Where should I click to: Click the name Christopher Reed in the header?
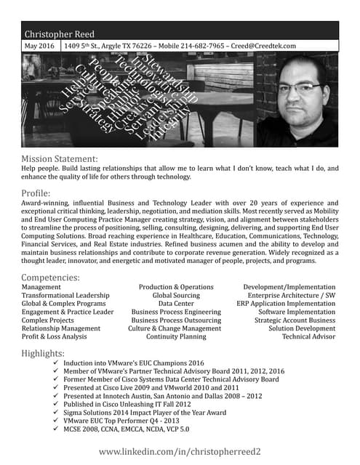(x=59, y=34)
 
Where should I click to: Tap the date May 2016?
(x=40, y=46)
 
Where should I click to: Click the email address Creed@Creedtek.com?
(x=270, y=46)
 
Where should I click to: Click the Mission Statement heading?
(x=59, y=158)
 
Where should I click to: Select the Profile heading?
(x=36, y=193)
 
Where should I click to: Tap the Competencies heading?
(x=51, y=278)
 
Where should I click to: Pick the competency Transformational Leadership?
(x=65, y=296)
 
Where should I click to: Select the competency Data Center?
(x=176, y=304)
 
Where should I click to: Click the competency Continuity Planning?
(x=176, y=337)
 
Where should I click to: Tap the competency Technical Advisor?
(x=308, y=337)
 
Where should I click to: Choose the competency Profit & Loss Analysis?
(x=55, y=337)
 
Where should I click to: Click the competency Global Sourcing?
(x=176, y=296)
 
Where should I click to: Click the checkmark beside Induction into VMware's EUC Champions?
(x=57, y=363)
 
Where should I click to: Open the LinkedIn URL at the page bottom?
(x=180, y=452)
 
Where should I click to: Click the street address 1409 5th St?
(x=84, y=46)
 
